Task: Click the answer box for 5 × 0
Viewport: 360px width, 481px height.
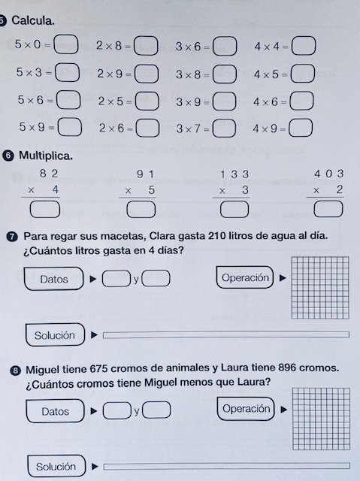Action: coord(67,46)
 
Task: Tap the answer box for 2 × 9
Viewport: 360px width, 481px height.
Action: coord(147,74)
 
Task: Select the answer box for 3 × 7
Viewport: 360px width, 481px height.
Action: coord(224,129)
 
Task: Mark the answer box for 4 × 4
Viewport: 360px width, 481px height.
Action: coord(302,46)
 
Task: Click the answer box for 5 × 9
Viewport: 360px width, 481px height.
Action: coord(70,128)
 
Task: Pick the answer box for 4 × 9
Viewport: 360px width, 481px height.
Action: coord(301,129)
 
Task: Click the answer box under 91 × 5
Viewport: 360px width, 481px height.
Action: coord(137,208)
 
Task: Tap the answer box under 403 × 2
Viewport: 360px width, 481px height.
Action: coord(324,208)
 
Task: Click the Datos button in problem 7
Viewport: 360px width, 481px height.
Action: coord(53,280)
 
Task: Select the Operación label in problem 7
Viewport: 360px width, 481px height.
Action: coord(245,278)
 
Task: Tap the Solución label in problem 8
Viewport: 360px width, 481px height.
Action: coord(55,467)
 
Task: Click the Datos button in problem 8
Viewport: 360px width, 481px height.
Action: coord(55,411)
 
